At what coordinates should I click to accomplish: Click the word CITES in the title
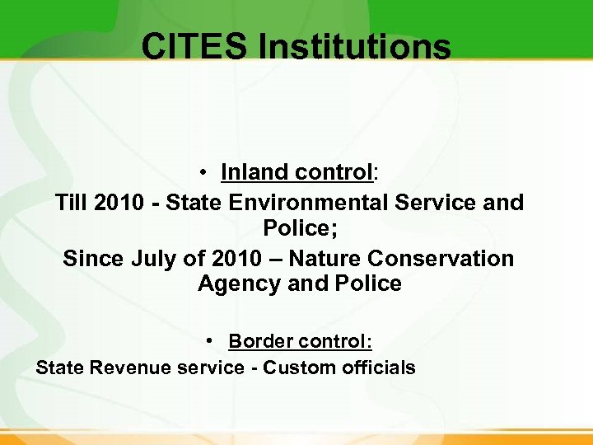[x=194, y=47]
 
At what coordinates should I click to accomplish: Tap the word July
[x=155, y=258]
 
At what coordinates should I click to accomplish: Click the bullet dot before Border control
[x=212, y=340]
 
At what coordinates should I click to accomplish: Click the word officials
[x=377, y=368]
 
